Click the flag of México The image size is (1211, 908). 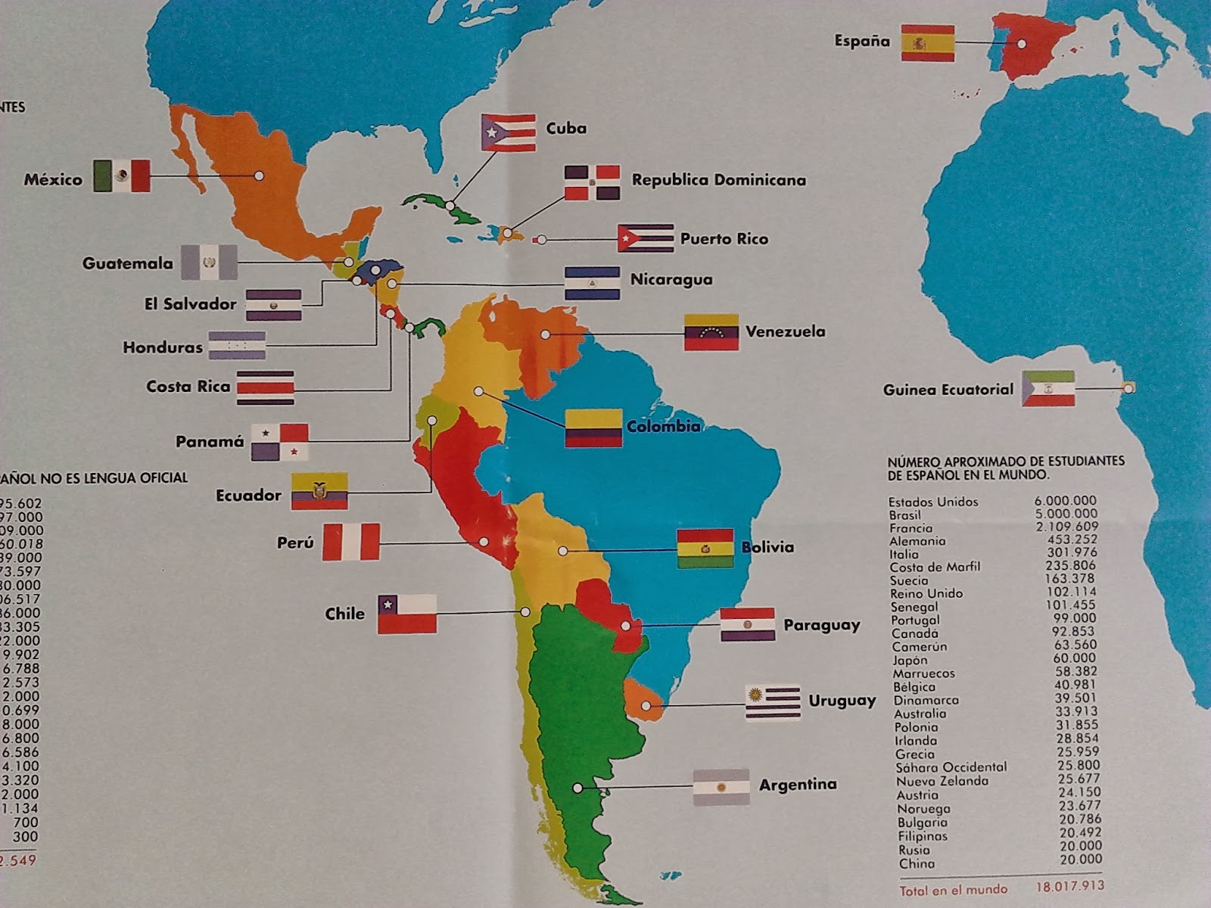(x=122, y=176)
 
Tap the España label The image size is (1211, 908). (x=862, y=41)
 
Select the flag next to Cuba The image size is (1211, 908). (x=509, y=133)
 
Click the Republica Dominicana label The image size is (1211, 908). (x=718, y=180)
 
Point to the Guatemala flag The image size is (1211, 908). (x=209, y=263)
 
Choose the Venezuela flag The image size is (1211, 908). (x=711, y=332)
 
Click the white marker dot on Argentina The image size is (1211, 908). (x=577, y=788)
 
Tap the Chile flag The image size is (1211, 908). (x=407, y=614)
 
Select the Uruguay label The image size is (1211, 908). (x=842, y=701)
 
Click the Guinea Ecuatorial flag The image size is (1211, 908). (x=1048, y=389)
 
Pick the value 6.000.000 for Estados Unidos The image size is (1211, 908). (x=1065, y=500)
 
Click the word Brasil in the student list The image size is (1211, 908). (x=905, y=515)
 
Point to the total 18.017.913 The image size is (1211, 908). (x=1069, y=886)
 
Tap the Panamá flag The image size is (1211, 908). (x=280, y=442)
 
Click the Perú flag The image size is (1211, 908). (x=350, y=543)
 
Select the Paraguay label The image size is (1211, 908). (x=821, y=626)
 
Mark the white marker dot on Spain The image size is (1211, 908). (x=1021, y=44)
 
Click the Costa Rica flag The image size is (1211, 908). (x=265, y=387)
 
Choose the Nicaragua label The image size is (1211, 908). (x=671, y=279)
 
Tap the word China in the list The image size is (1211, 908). (x=917, y=863)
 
